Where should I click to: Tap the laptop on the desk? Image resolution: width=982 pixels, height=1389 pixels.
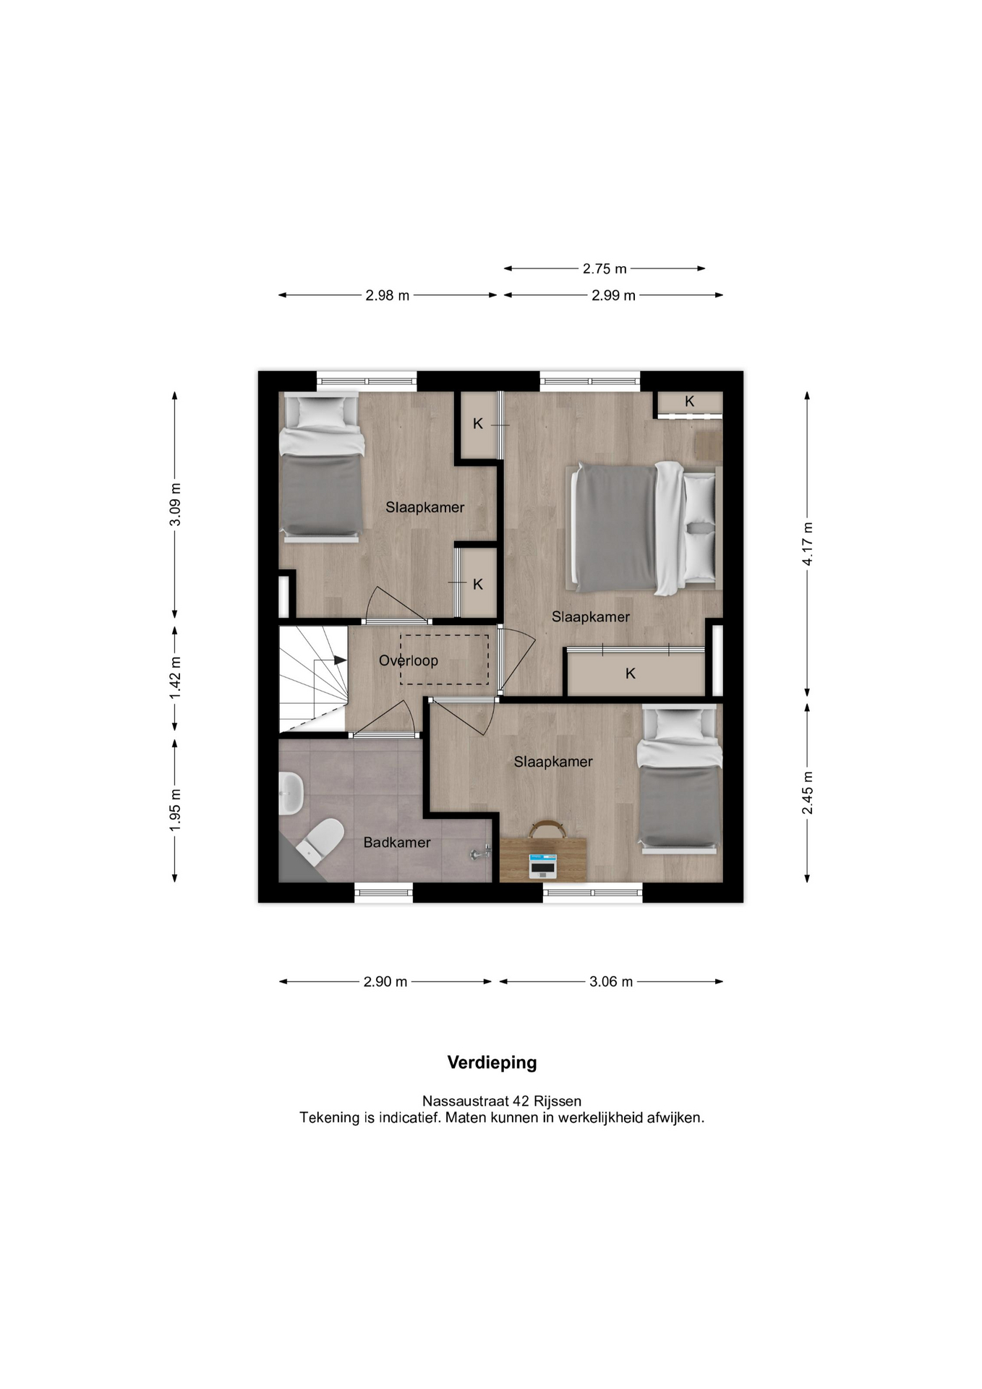542,865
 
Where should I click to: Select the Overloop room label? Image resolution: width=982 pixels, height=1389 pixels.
409,660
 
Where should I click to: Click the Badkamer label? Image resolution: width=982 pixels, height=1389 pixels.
397,842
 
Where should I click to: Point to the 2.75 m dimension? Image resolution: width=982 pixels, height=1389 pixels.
605,268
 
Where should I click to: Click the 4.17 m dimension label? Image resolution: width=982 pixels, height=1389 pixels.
808,544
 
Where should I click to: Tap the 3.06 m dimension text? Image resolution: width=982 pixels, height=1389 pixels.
611,982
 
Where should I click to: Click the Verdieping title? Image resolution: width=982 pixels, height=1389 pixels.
492,1063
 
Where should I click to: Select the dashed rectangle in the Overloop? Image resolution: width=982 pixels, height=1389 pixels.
445,660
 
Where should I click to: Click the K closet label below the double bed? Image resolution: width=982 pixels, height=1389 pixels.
631,674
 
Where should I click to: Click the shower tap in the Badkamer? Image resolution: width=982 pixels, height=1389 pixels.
479,854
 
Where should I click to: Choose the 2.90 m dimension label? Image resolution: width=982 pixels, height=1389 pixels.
385,982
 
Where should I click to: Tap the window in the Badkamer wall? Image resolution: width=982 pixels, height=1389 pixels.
384,892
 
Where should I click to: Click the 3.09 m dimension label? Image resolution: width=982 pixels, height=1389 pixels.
175,504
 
